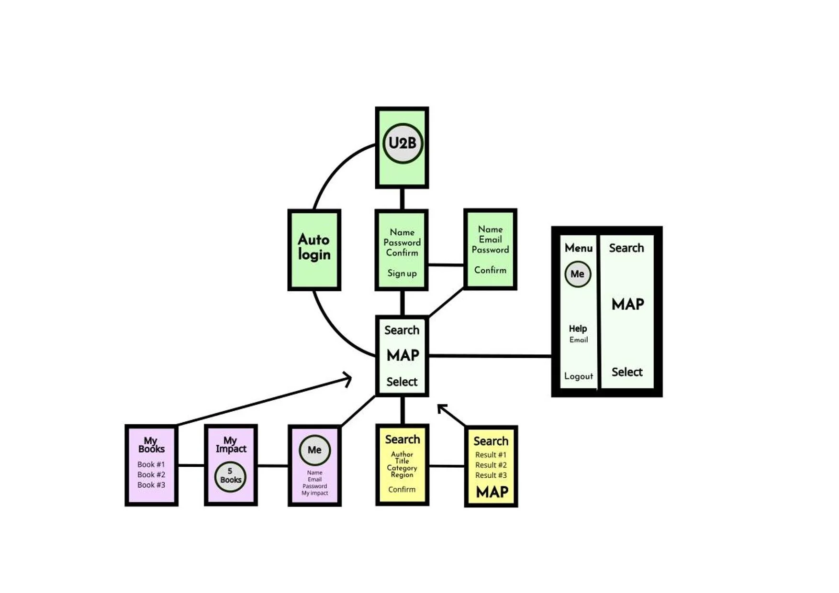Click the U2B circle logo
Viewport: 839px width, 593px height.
click(x=403, y=143)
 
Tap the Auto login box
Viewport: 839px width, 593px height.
click(x=314, y=249)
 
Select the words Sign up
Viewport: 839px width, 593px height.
click(x=402, y=273)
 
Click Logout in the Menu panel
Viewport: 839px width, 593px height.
click(x=578, y=376)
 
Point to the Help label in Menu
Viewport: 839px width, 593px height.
click(x=578, y=329)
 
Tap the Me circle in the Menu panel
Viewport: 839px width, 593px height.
click(x=578, y=274)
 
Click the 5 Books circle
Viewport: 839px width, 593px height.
click(x=230, y=476)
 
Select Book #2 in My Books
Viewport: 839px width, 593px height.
click(x=151, y=474)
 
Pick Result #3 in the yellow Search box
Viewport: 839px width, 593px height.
click(x=491, y=475)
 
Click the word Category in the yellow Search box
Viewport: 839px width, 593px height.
click(x=402, y=468)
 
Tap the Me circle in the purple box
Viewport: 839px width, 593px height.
click(x=314, y=450)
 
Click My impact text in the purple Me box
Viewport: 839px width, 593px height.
click(x=314, y=493)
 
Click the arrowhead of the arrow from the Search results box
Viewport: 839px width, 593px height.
click(x=441, y=407)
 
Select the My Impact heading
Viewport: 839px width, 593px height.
click(x=231, y=444)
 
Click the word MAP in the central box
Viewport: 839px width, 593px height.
click(x=403, y=355)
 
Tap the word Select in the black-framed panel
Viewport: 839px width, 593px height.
click(x=627, y=372)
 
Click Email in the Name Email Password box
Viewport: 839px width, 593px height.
click(x=490, y=240)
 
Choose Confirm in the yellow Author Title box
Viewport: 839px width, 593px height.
click(x=402, y=489)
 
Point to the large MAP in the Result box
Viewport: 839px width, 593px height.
click(x=492, y=492)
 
